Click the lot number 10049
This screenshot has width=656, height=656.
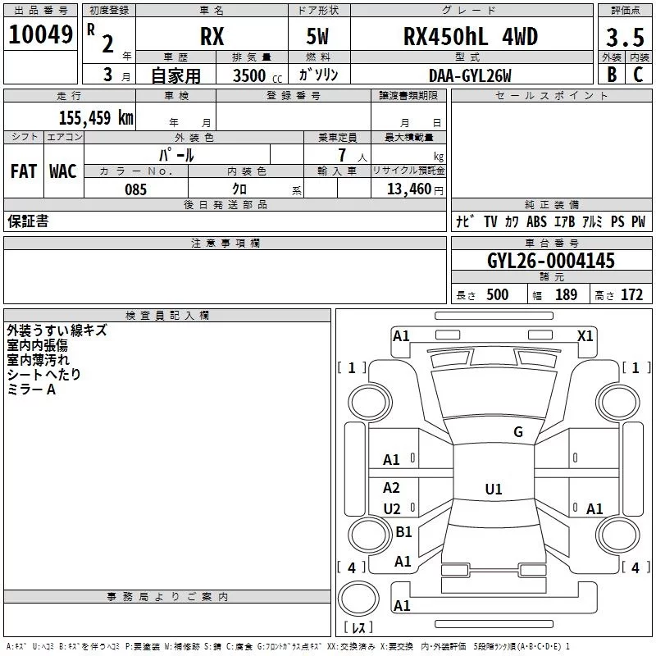click(x=40, y=34)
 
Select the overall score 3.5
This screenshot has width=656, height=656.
click(x=625, y=37)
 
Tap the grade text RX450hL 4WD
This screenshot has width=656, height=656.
click(x=471, y=36)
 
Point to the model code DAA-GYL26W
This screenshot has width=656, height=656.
click(x=470, y=75)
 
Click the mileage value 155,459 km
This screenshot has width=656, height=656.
click(x=96, y=118)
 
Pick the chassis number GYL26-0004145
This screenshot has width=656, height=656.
click(x=551, y=261)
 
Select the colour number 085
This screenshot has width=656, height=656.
click(x=136, y=189)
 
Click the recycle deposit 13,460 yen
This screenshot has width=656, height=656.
click(x=415, y=189)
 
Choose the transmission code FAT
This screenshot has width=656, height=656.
click(x=24, y=171)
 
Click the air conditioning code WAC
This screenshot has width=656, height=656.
click(x=63, y=171)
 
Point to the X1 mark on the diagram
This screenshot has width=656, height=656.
click(x=585, y=336)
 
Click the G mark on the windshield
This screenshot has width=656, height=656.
click(x=518, y=432)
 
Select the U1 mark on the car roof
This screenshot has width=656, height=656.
click(x=494, y=489)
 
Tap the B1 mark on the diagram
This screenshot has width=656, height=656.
click(x=403, y=531)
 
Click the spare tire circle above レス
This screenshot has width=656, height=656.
click(x=358, y=599)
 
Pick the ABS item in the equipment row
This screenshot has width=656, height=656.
click(x=536, y=221)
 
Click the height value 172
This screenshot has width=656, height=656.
click(x=631, y=294)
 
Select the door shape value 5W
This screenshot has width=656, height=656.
click(x=317, y=36)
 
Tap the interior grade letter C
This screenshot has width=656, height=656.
click(x=638, y=75)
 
